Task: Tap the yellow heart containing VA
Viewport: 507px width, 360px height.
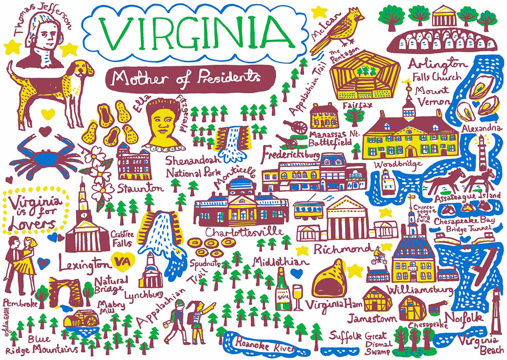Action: coord(121,262)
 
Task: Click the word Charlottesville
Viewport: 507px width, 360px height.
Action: coord(244,232)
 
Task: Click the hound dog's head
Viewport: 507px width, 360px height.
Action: coord(84,68)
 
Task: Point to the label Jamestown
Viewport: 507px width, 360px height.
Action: coord(372,318)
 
